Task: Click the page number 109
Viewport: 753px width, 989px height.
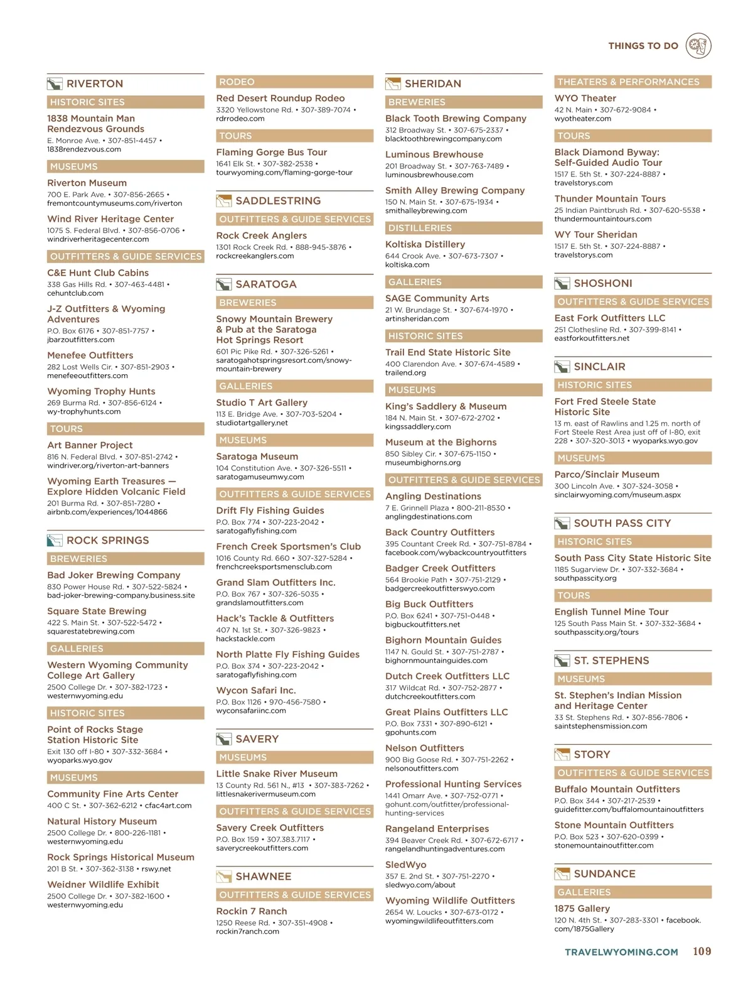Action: pos(702,951)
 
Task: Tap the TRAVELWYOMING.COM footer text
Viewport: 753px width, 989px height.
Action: pos(621,952)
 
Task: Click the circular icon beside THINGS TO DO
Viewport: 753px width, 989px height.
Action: pos(698,46)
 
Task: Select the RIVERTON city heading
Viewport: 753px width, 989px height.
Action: pos(95,84)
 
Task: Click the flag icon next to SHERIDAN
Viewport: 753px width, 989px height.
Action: pos(393,84)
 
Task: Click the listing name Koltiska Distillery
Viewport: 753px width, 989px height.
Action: pos(425,244)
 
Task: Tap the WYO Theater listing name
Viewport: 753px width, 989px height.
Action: pos(585,98)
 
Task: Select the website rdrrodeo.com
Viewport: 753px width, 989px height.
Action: pos(240,119)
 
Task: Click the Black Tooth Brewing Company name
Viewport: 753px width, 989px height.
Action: pos(456,118)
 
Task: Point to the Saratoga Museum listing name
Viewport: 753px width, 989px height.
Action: pos(257,457)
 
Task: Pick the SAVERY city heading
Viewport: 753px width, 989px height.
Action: pos(257,739)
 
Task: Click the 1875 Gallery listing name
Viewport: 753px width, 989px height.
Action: pos(582,909)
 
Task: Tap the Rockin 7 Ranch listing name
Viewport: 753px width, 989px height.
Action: pos(251,911)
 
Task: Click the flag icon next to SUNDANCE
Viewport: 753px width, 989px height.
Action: pos(562,874)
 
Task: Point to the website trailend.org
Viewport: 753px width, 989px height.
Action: pos(405,372)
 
